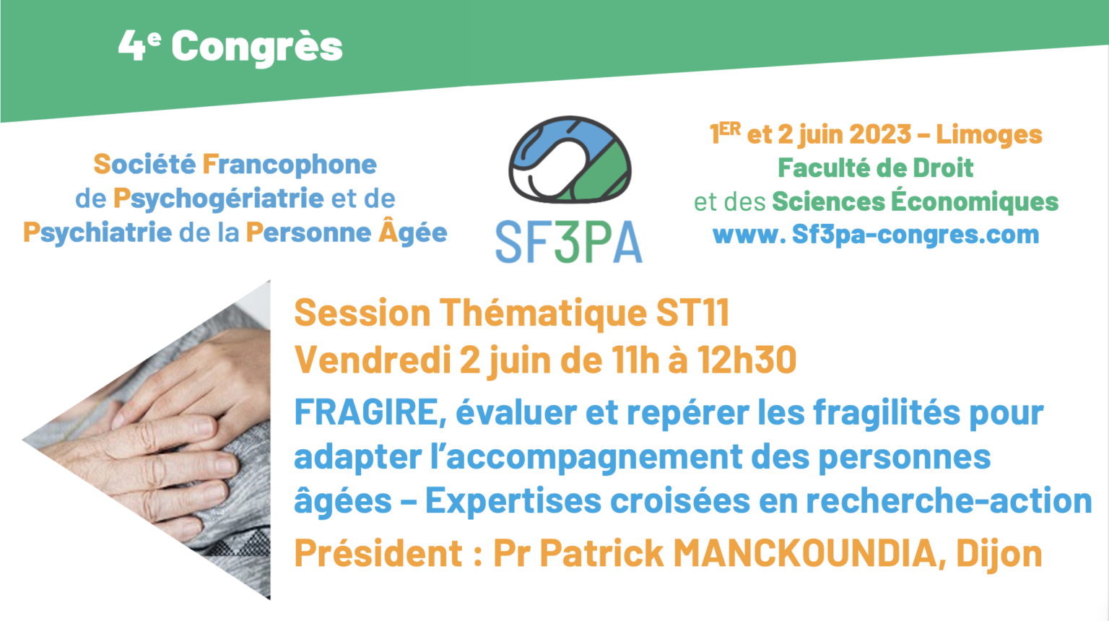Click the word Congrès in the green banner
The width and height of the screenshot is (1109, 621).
[256, 48]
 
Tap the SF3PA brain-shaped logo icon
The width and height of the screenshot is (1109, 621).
[569, 160]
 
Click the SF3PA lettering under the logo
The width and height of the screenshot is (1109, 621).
[569, 242]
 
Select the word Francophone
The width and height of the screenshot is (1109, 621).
[290, 165]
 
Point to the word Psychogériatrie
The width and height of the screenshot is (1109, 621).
[218, 199]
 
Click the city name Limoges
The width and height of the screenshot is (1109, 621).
[989, 134]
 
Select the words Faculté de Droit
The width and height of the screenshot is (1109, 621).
[875, 168]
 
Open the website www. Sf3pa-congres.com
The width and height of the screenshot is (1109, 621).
[875, 235]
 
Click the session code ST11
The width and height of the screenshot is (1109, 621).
[692, 313]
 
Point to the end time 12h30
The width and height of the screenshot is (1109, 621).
[747, 360]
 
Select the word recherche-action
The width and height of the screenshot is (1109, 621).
[948, 500]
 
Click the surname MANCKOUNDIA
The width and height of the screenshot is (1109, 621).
[805, 554]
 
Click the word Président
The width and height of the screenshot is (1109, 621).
[378, 554]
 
